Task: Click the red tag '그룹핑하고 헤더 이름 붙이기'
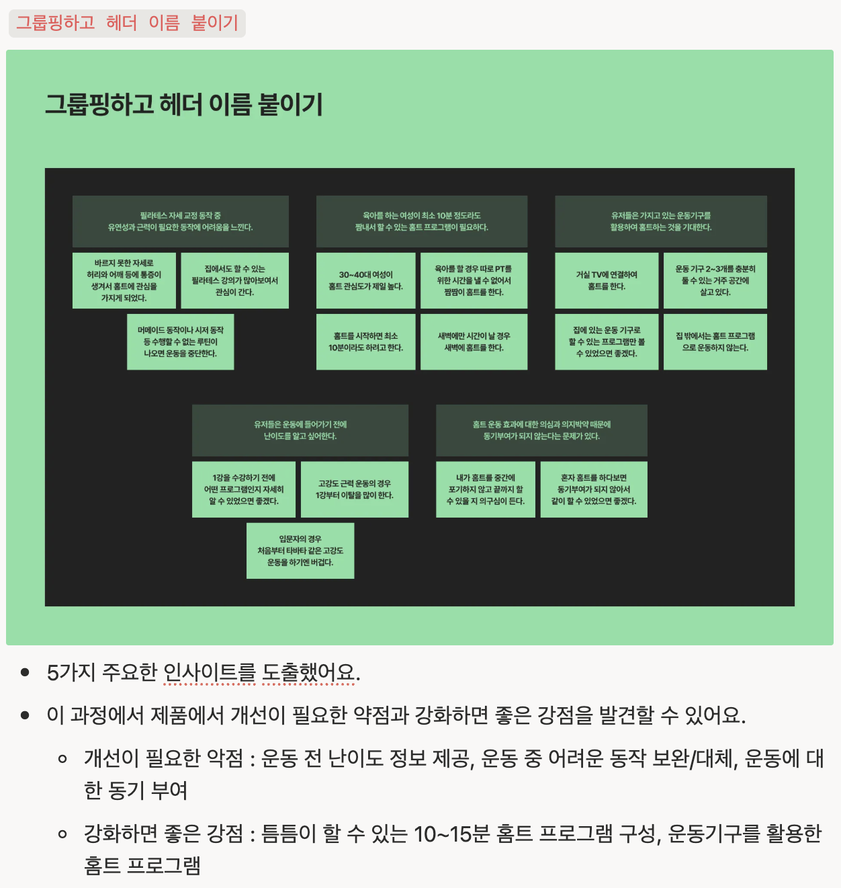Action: [x=127, y=24]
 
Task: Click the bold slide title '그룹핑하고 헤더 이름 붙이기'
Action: [x=184, y=105]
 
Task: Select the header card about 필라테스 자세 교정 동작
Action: [x=180, y=221]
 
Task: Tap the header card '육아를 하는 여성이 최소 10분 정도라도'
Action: [x=421, y=221]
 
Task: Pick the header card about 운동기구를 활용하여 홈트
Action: [x=660, y=221]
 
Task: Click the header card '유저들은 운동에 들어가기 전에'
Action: [x=300, y=430]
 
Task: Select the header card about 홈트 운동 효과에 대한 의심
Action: [x=541, y=430]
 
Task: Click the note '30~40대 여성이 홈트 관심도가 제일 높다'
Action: [x=365, y=280]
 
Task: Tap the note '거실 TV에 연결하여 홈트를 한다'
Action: [x=606, y=280]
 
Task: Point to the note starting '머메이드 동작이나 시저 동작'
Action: [x=180, y=341]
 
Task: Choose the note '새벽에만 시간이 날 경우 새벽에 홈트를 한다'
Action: [x=474, y=341]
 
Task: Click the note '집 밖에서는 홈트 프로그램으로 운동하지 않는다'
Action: [x=715, y=341]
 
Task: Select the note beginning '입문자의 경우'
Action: [x=300, y=551]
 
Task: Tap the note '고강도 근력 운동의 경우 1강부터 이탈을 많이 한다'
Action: [x=354, y=489]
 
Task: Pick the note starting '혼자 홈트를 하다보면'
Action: [x=593, y=489]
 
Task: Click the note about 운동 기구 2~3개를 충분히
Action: [x=715, y=280]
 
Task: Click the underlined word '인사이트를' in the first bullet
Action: [x=210, y=672]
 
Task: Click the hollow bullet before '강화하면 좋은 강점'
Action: [x=62, y=835]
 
